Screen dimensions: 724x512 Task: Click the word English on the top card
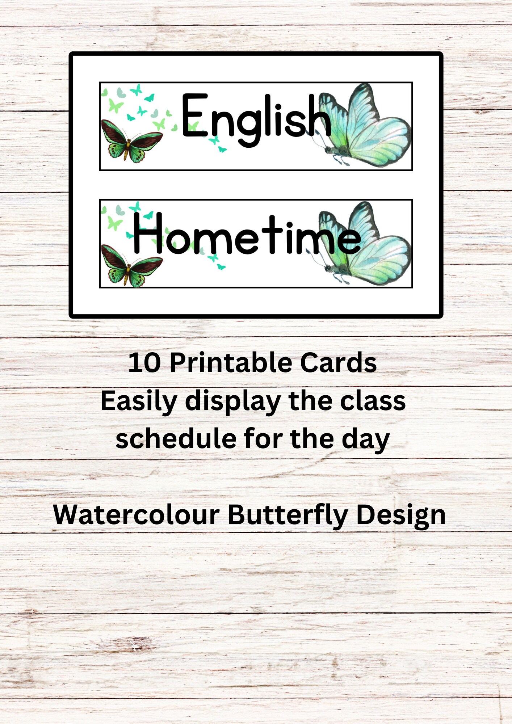tap(256, 119)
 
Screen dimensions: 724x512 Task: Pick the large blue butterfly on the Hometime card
tap(366, 244)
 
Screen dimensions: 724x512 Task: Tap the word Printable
tap(230, 363)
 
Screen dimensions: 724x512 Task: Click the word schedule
tap(176, 439)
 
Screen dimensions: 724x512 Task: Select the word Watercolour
tap(136, 515)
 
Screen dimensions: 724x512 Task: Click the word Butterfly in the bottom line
tap(287, 515)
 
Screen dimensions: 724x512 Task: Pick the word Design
tap(401, 515)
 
